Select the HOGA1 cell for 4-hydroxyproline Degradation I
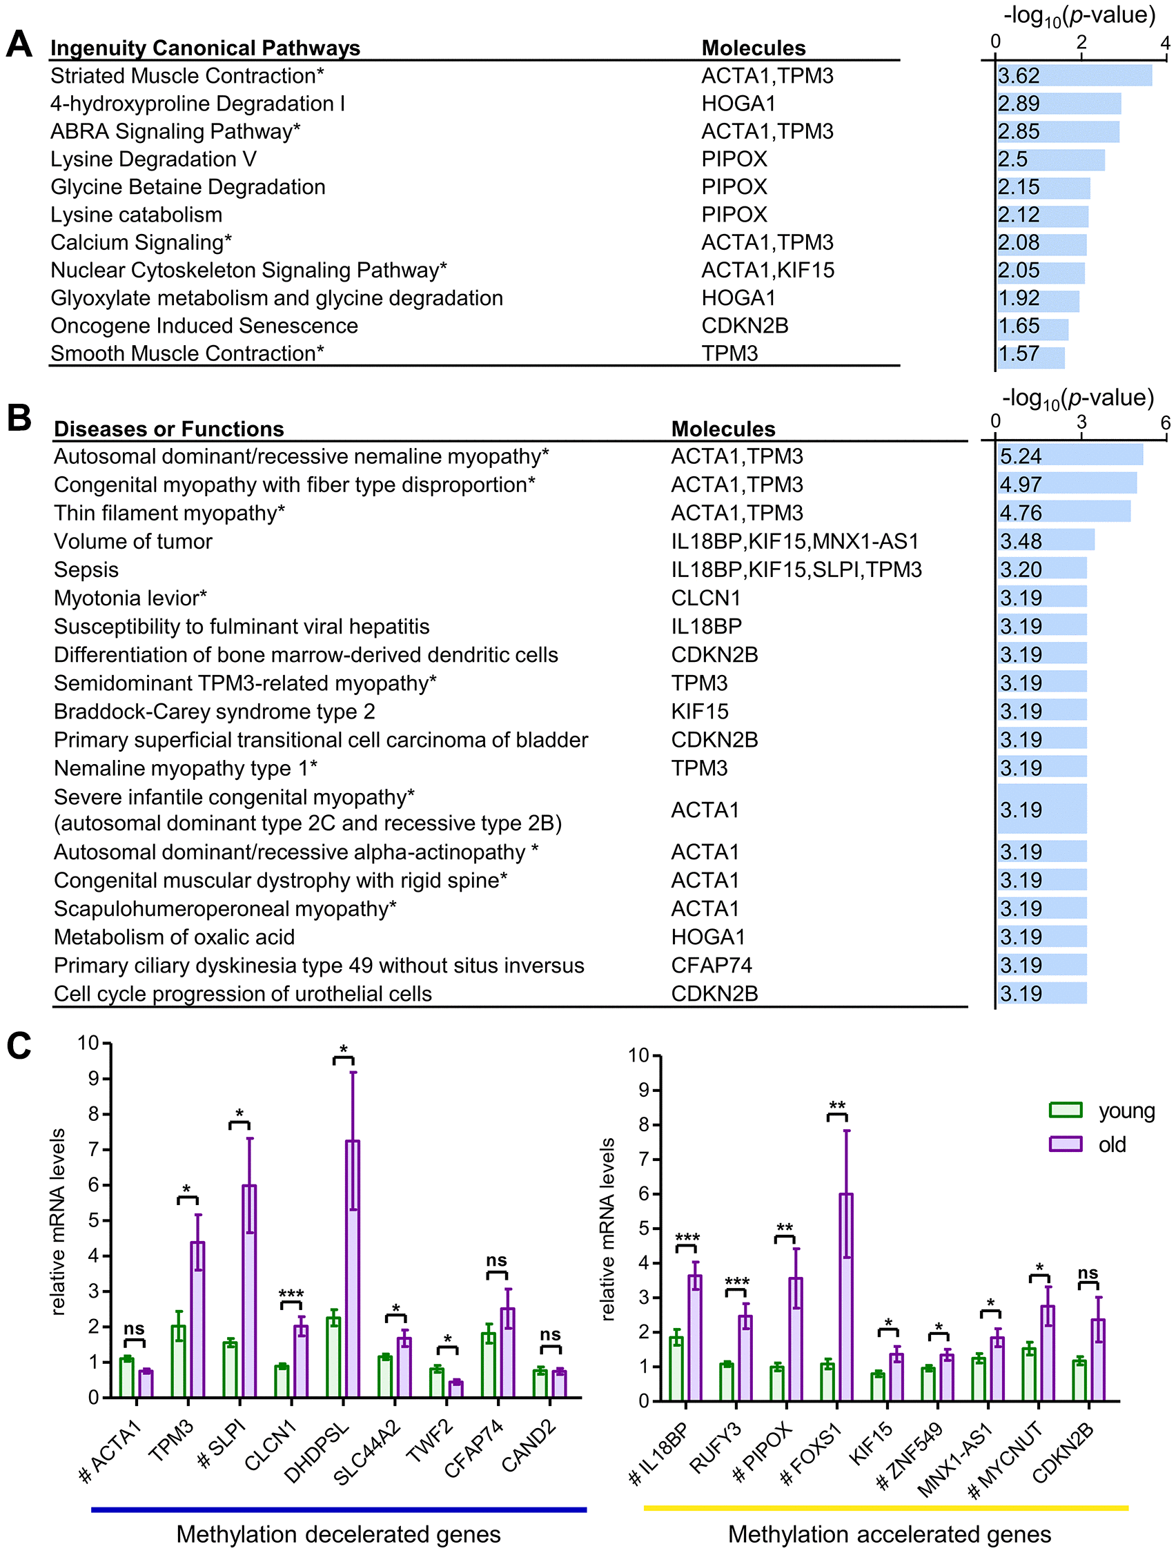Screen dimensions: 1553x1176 pyautogui.click(x=738, y=104)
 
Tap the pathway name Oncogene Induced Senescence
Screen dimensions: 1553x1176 pyautogui.click(x=204, y=326)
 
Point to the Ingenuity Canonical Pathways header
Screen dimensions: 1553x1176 pyautogui.click(x=205, y=48)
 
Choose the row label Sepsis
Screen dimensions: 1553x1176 pyautogui.click(x=86, y=569)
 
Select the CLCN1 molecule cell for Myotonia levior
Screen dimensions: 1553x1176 pyautogui.click(x=705, y=598)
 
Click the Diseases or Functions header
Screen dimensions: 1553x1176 pyautogui.click(x=168, y=429)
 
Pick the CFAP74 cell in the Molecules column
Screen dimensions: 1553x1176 pyautogui.click(x=711, y=966)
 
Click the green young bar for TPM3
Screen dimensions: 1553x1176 pyautogui.click(x=179, y=1360)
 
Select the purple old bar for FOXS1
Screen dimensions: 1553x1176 pyautogui.click(x=846, y=1298)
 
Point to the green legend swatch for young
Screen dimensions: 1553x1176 pyautogui.click(x=1064, y=1110)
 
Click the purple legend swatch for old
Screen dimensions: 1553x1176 pyautogui.click(x=1064, y=1144)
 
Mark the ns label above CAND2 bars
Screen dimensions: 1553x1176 pyautogui.click(x=550, y=1335)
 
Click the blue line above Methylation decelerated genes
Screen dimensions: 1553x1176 pyautogui.click(x=338, y=1509)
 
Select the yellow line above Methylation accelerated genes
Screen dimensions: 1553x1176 pyautogui.click(x=885, y=1507)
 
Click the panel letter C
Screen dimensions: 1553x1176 pyautogui.click(x=19, y=1046)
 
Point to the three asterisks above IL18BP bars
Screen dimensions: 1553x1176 pyautogui.click(x=687, y=1238)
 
